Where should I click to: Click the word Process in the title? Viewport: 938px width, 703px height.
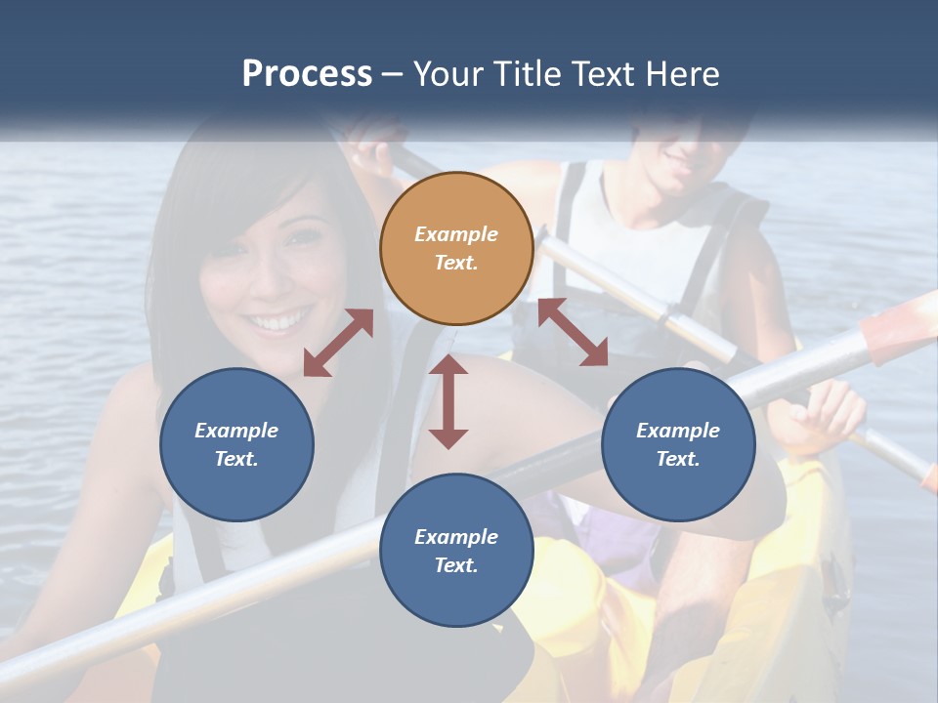pyautogui.click(x=307, y=74)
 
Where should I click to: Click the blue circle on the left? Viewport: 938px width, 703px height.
pyautogui.click(x=236, y=444)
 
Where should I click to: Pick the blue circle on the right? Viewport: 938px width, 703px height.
pyautogui.click(x=678, y=444)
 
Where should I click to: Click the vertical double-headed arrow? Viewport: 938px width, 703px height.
pyautogui.click(x=448, y=401)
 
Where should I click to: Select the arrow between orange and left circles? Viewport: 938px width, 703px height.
pyautogui.click(x=338, y=343)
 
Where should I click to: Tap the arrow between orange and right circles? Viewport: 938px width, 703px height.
pyautogui.click(x=573, y=332)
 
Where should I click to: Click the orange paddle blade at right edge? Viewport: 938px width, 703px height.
pyautogui.click(x=899, y=328)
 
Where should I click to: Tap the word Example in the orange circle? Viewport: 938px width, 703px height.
pyautogui.click(x=456, y=234)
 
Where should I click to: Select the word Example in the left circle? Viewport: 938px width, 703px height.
pyautogui.click(x=236, y=431)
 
